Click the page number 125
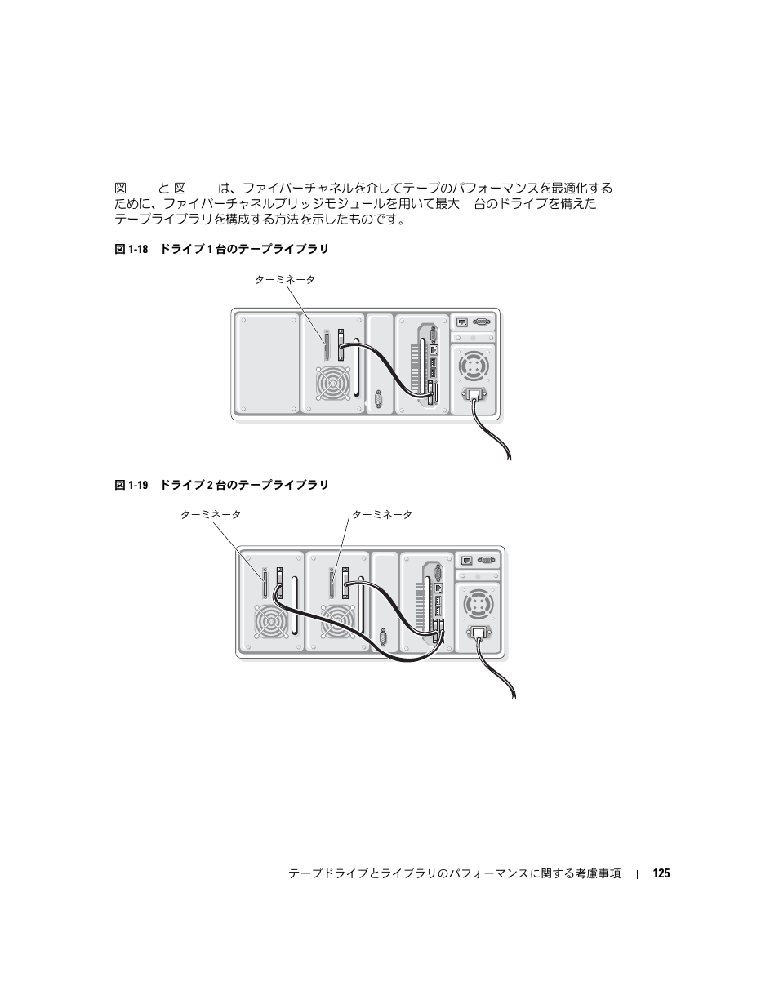tap(661, 873)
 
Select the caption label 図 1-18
tap(131, 249)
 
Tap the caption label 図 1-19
tap(131, 485)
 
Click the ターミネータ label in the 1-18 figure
tap(284, 279)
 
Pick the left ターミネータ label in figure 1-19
tap(210, 514)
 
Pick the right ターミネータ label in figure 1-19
tap(381, 514)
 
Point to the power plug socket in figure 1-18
tap(474, 396)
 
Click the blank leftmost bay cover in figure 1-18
tap(267, 362)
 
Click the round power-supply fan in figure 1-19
tap(478, 605)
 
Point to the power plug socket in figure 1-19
tap(479, 635)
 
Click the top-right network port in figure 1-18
tap(462, 322)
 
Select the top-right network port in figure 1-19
tap(467, 560)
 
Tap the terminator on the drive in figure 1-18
tap(327, 345)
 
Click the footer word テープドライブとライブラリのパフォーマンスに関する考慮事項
tap(454, 873)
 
